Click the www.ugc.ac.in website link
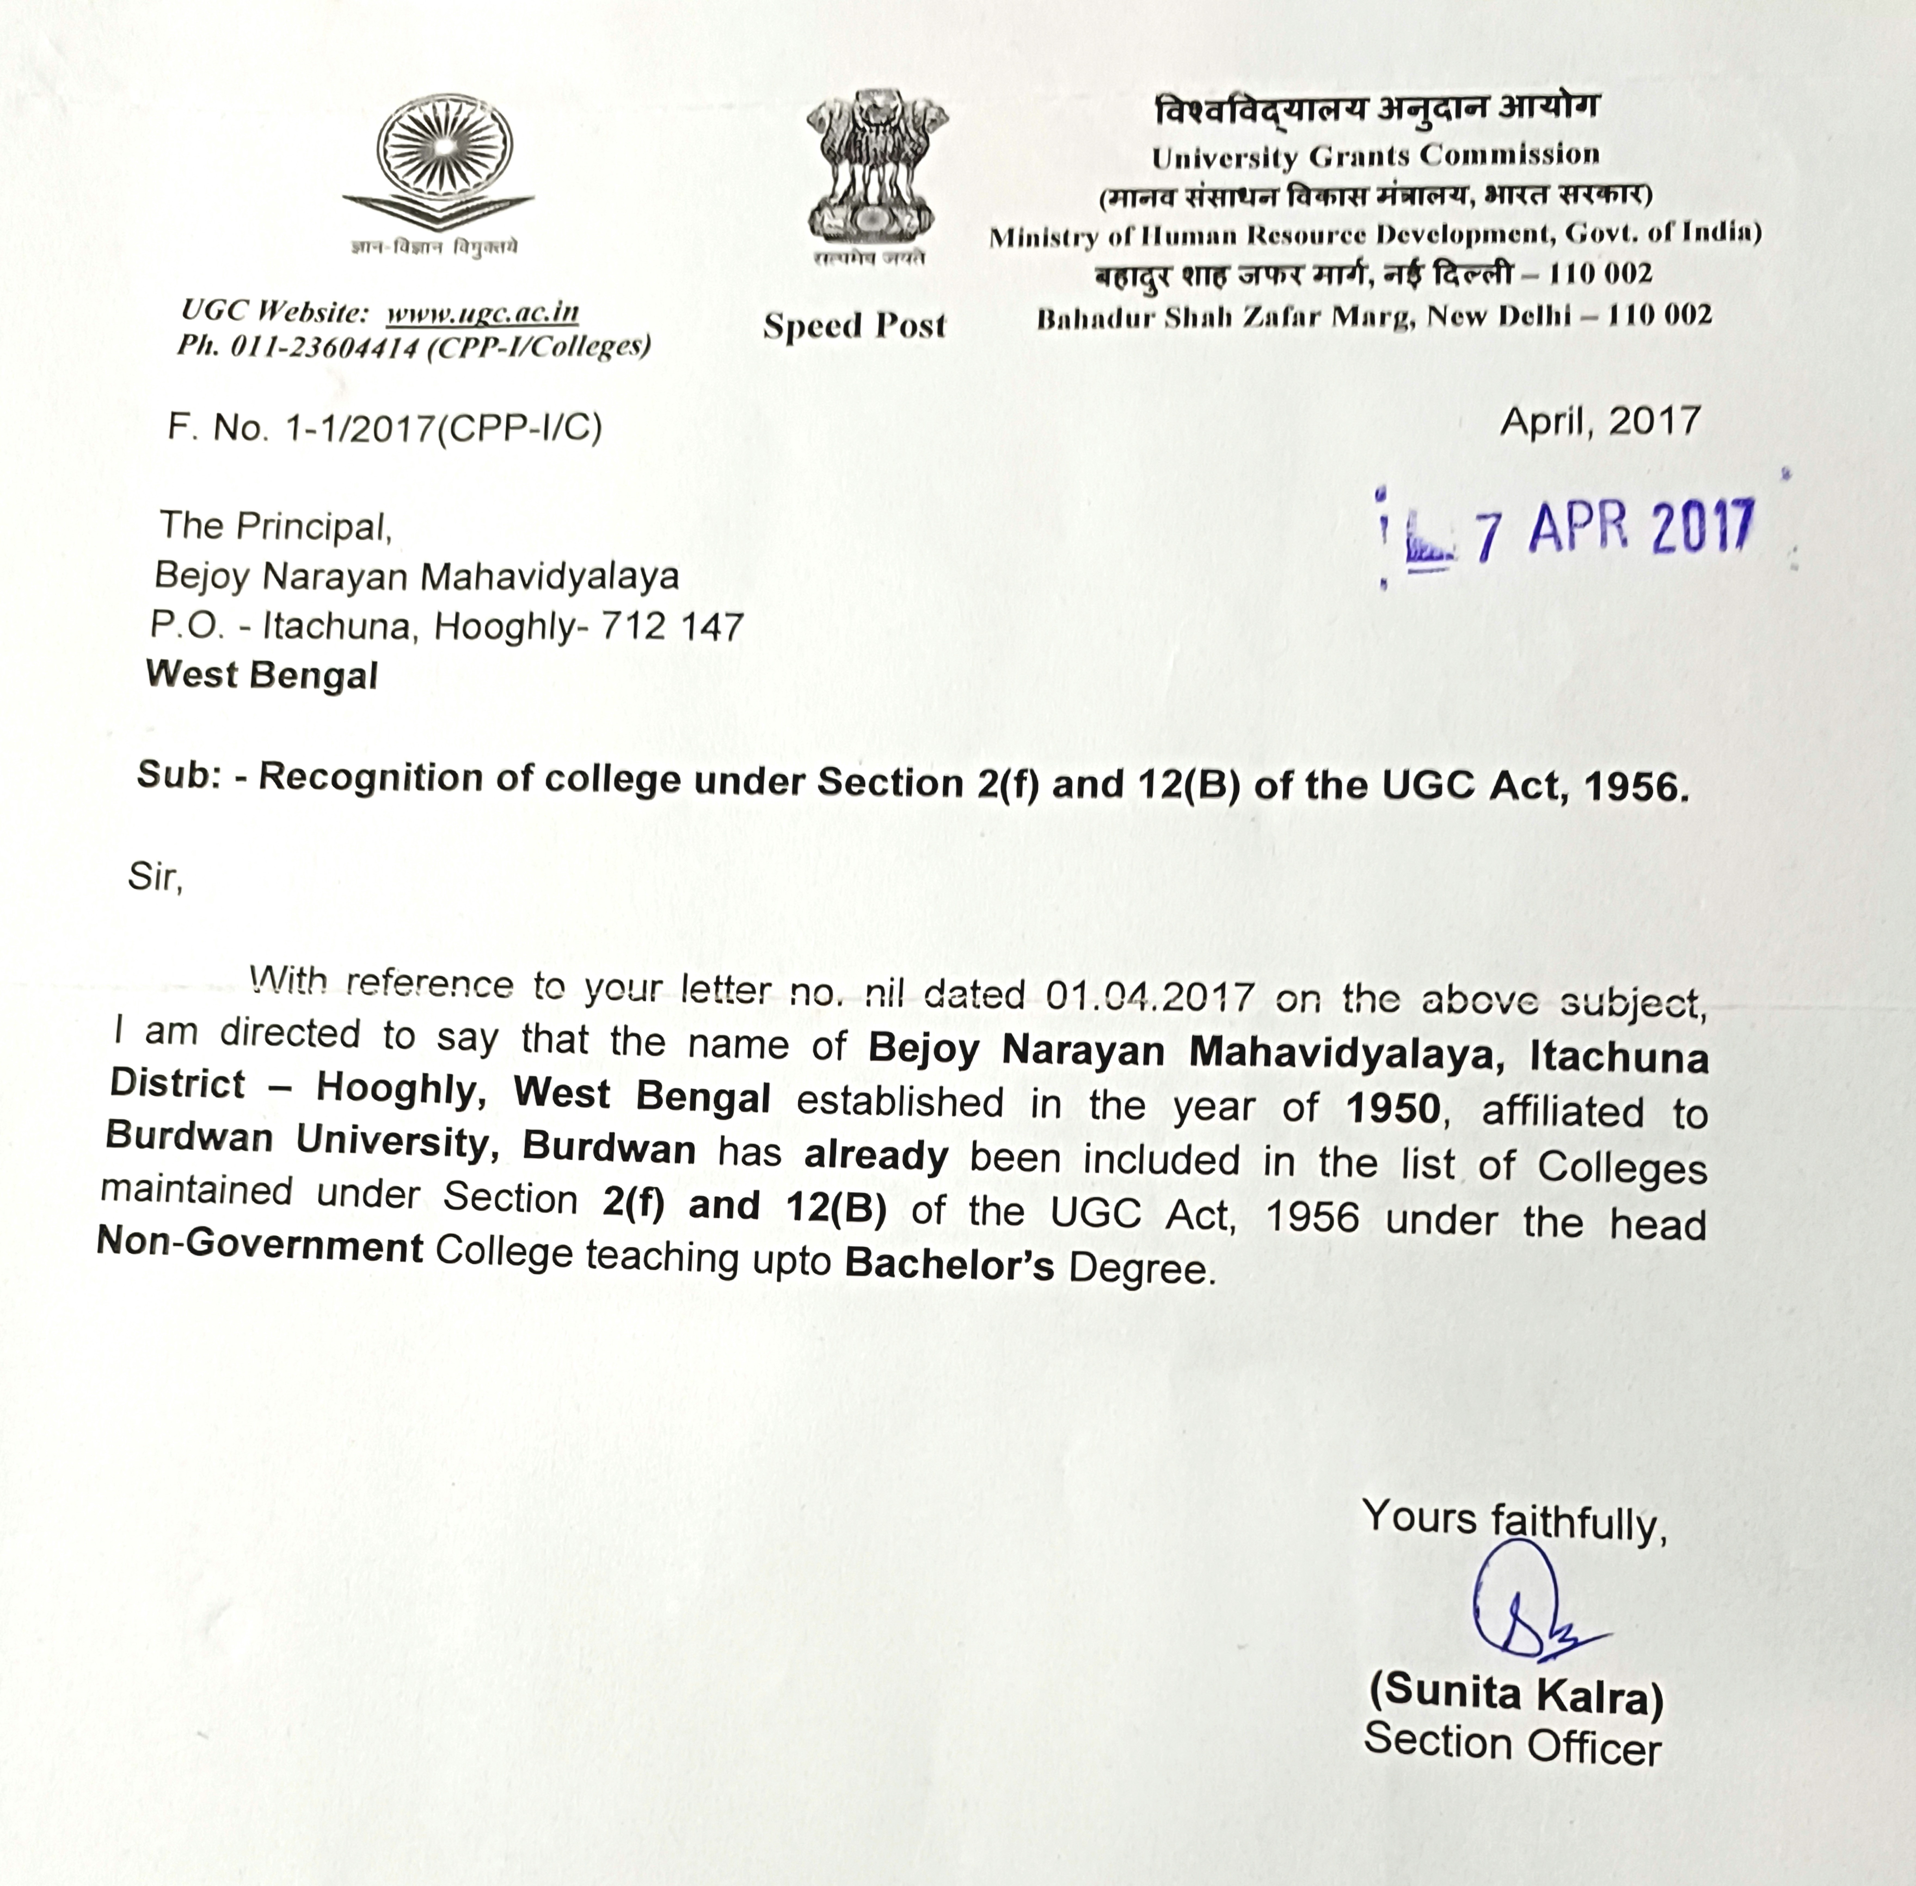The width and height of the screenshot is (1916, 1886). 483,313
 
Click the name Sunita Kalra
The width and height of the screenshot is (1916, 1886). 1516,1694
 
